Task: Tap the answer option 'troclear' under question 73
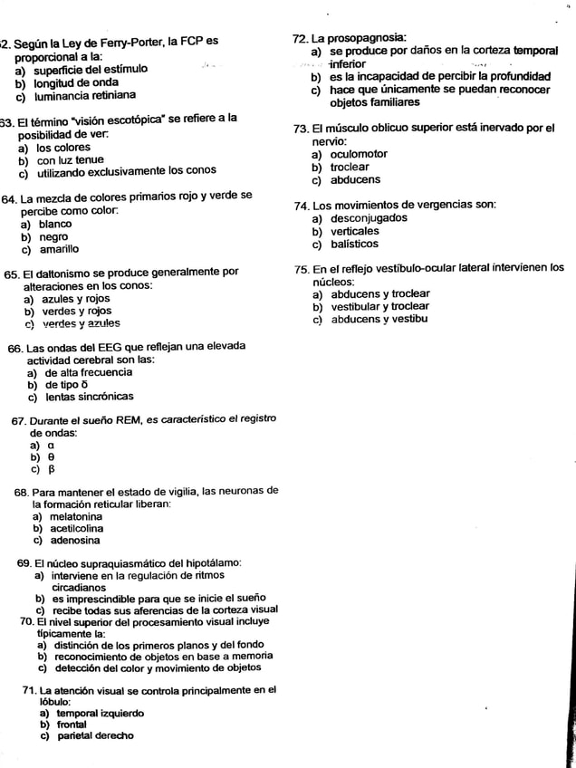point(350,168)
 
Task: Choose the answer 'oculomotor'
point(358,154)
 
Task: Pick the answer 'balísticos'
point(354,245)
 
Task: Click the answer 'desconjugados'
point(368,218)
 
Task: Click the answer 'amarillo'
point(57,249)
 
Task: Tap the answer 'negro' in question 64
point(53,235)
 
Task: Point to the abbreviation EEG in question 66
point(123,347)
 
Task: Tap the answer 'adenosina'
point(75,542)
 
